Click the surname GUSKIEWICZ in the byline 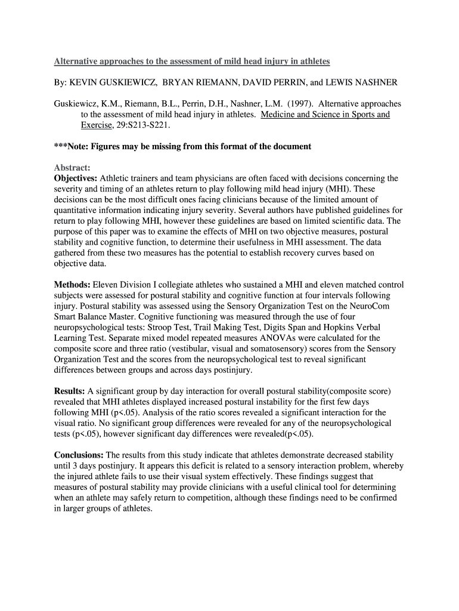pyautogui.click(x=122, y=82)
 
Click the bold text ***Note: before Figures pyautogui.click(x=72, y=146)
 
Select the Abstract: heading pyautogui.click(x=72, y=168)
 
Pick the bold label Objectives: pyautogui.click(x=76, y=178)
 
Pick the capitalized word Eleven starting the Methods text pyautogui.click(x=106, y=285)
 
